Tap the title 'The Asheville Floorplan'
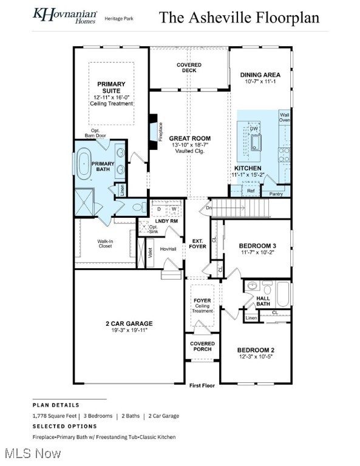239,17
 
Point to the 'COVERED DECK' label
189,68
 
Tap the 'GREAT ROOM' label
189,138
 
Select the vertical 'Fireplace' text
160,132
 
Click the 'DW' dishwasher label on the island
254,128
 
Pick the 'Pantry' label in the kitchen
276,194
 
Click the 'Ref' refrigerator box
251,191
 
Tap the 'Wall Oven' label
284,116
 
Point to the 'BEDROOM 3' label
257,246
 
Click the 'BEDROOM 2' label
256,349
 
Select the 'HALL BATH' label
263,300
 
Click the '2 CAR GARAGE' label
129,323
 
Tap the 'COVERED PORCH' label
202,346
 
